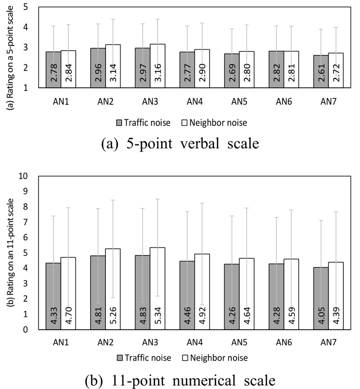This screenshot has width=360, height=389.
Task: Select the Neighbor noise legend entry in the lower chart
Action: click(222, 358)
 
